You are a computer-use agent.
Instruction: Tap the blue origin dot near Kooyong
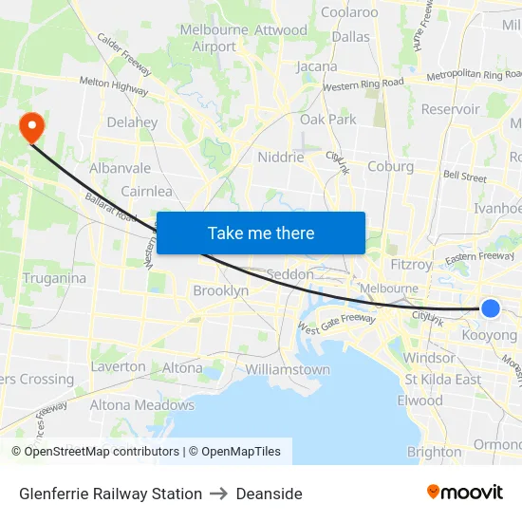click(491, 308)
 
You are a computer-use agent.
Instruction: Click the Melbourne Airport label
click(214, 38)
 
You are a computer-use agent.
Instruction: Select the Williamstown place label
click(288, 369)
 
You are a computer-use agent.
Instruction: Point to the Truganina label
click(54, 278)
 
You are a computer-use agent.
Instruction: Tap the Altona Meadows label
click(141, 405)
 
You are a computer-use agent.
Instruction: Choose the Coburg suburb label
click(390, 166)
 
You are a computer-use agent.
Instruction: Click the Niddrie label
click(281, 158)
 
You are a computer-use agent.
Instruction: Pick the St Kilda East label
click(442, 380)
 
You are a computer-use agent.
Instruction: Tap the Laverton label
click(118, 366)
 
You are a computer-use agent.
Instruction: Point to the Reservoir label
click(450, 109)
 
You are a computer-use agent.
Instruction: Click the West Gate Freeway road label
click(337, 324)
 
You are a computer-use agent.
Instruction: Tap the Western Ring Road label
click(363, 84)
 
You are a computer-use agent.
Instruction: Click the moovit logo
click(464, 492)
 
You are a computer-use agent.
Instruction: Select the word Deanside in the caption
click(269, 494)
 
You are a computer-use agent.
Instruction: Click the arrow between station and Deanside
click(218, 494)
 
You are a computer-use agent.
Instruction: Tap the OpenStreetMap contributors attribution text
click(95, 452)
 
